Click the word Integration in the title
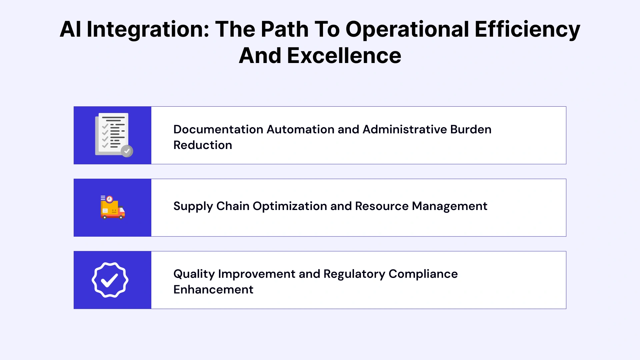(148, 29)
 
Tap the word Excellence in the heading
(344, 56)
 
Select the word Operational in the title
(407, 29)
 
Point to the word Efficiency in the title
(527, 29)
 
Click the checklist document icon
(113, 134)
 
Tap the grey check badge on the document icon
(127, 151)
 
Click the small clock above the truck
(109, 199)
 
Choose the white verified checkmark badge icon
(110, 280)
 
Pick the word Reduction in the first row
(203, 145)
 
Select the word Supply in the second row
(193, 206)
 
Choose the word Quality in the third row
(194, 274)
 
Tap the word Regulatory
(354, 274)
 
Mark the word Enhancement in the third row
(213, 290)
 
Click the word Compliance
(423, 274)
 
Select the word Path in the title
(284, 29)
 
